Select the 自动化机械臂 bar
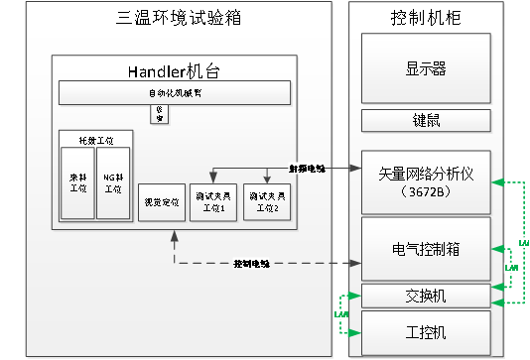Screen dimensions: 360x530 click(x=175, y=92)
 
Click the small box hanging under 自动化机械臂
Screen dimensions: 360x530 click(x=159, y=114)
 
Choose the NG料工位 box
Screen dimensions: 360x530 click(x=112, y=184)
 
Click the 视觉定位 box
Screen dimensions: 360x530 click(x=161, y=202)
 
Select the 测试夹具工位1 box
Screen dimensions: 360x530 click(x=214, y=202)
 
